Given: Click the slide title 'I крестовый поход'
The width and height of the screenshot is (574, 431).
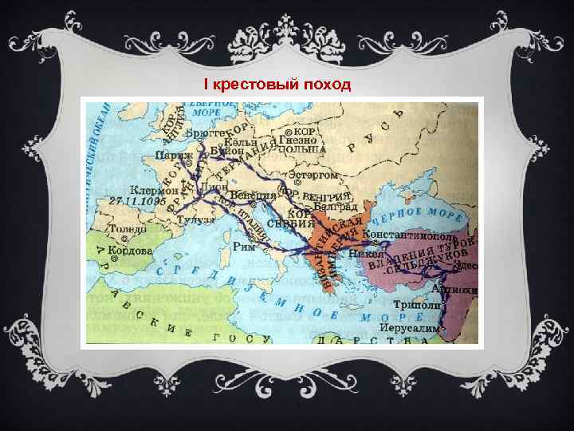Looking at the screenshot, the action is (x=277, y=84).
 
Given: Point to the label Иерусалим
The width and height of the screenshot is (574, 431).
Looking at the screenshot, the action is (x=409, y=328).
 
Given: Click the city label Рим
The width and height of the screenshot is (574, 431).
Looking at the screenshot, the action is (x=244, y=246).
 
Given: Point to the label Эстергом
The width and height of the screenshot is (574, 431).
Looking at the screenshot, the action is (x=313, y=175).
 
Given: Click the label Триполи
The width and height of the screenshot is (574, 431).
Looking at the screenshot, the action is (x=416, y=306).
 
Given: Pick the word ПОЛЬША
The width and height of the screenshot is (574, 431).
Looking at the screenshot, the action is (x=302, y=149).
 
